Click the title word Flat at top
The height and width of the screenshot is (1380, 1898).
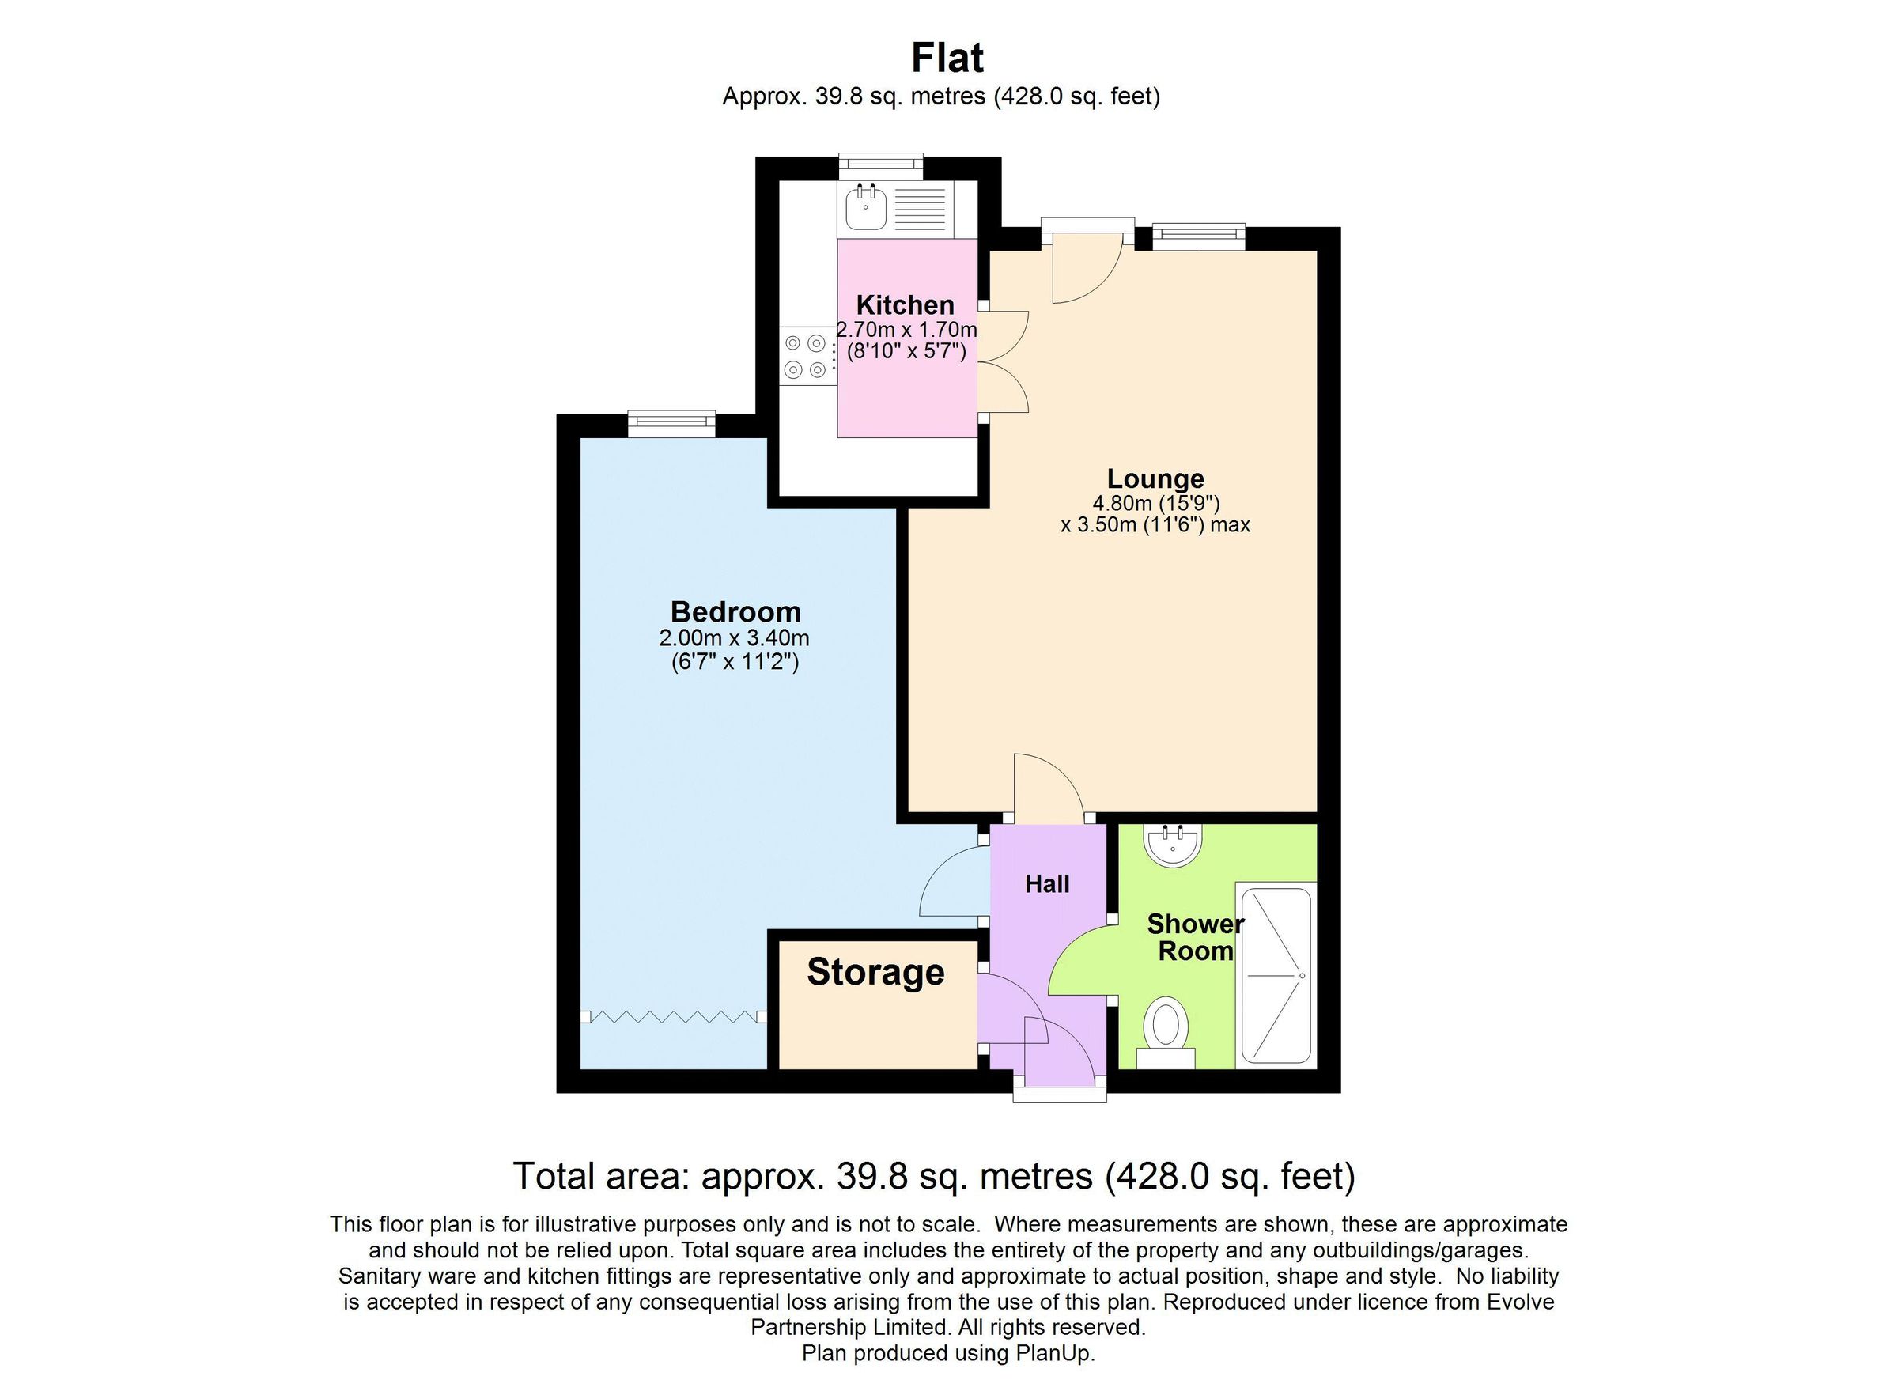(947, 59)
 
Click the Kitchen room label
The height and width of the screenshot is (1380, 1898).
(905, 304)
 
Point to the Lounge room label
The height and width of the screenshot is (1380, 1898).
(1155, 478)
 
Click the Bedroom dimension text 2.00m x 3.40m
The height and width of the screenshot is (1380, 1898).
(734, 638)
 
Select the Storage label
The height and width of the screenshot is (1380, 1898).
(875, 972)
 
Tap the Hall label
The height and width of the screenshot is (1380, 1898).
(1047, 885)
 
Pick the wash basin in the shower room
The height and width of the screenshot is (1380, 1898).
(1173, 845)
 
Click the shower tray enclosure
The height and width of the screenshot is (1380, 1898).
(1276, 976)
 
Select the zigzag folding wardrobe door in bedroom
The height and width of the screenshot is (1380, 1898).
(673, 1017)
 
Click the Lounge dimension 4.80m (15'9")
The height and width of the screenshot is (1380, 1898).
(1155, 504)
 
